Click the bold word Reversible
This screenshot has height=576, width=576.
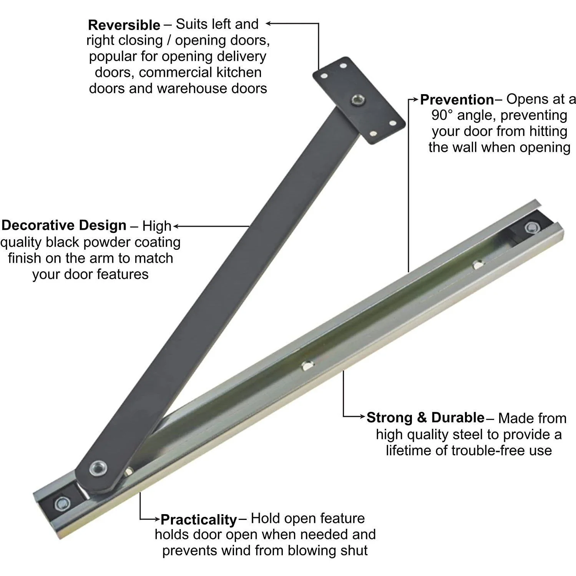(x=124, y=25)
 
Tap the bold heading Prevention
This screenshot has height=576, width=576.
(x=457, y=100)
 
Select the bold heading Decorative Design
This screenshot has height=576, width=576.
(x=64, y=226)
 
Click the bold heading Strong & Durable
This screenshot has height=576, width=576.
(x=425, y=418)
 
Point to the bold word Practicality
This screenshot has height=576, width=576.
(x=199, y=520)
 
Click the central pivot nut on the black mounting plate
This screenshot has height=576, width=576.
(x=358, y=101)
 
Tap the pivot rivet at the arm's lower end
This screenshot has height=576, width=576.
(x=96, y=468)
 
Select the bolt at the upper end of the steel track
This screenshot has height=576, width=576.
(x=532, y=227)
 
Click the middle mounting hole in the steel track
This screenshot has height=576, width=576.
(x=306, y=365)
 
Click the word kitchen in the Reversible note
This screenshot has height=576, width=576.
(x=239, y=73)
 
